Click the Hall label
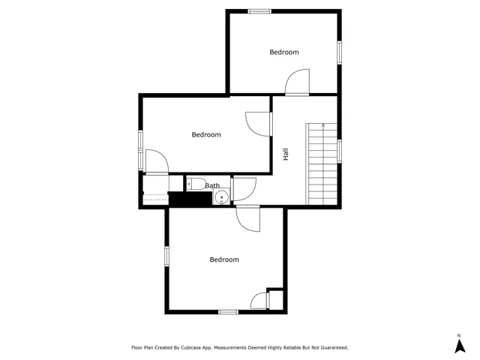tap(286, 154)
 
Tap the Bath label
tap(213, 185)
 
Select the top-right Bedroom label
tap(284, 52)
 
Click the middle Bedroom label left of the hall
tap(206, 135)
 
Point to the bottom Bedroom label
tap(224, 259)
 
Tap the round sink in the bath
tap(221, 198)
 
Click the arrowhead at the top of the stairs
tap(322, 124)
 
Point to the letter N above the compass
tap(459, 334)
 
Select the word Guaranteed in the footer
tap(330, 348)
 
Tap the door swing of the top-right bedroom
tap(298, 81)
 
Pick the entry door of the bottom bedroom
tap(247, 218)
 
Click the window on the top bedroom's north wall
tap(259, 10)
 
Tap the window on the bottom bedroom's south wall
tap(228, 311)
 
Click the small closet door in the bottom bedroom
tap(259, 300)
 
